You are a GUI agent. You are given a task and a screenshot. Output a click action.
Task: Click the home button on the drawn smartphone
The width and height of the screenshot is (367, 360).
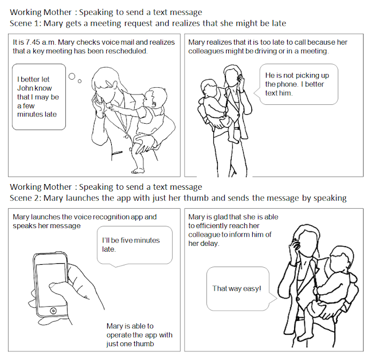click(x=53, y=311)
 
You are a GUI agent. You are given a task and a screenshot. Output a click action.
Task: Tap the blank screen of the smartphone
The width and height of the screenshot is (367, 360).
click(x=51, y=284)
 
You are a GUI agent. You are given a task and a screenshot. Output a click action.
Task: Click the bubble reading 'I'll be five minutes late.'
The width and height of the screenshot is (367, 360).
click(x=135, y=245)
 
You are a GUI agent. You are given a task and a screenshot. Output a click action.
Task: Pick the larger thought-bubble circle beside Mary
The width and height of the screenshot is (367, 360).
click(x=72, y=76)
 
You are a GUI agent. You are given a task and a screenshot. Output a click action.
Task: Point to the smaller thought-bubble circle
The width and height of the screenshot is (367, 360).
click(x=80, y=81)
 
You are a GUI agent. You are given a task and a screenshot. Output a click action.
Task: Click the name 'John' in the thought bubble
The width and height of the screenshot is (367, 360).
click(x=24, y=88)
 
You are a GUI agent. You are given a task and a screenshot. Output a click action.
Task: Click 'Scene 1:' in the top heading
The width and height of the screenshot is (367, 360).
click(x=25, y=24)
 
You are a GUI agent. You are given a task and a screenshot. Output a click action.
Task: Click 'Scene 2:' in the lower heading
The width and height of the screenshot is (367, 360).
click(x=25, y=198)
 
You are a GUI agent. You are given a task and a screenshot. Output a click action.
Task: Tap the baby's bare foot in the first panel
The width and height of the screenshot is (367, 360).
click(x=138, y=170)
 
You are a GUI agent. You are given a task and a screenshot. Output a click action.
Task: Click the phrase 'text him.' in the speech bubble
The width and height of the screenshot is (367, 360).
click(x=279, y=93)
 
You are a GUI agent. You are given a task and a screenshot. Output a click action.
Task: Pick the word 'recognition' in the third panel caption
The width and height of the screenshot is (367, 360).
click(x=112, y=217)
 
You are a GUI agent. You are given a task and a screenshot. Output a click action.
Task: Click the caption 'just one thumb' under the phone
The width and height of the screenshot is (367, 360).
click(x=130, y=344)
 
